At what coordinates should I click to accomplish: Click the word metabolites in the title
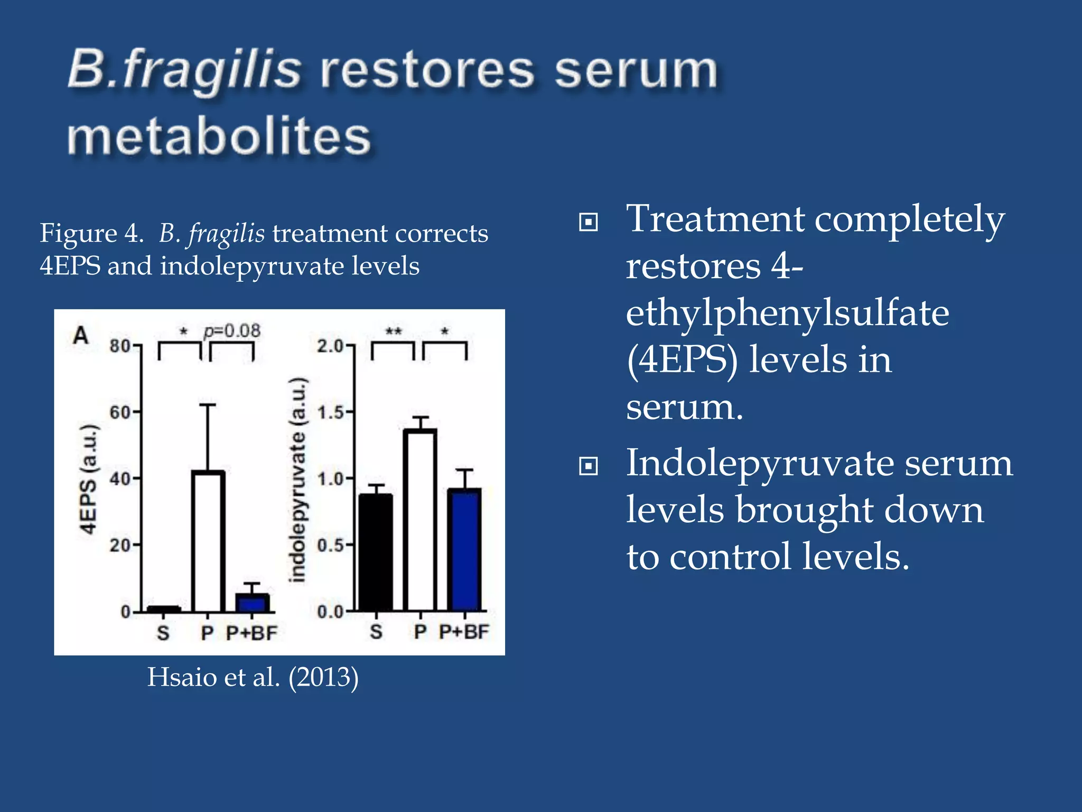219,137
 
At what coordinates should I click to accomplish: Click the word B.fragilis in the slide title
184,70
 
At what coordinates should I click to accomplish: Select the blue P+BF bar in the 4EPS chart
252,603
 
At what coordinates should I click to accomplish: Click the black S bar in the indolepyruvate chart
376,552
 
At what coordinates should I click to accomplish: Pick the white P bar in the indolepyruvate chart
420,521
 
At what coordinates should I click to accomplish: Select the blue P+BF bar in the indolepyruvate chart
464,550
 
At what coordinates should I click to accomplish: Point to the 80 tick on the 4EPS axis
120,346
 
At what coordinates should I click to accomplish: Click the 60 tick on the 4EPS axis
120,412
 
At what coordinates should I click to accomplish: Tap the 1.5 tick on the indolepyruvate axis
331,412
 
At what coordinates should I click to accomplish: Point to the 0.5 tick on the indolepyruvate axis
331,545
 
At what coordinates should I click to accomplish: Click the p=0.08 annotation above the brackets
232,331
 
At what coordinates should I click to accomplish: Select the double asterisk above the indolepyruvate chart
393,331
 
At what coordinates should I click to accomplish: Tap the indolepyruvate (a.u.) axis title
298,479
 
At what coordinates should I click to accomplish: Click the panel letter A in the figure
80,335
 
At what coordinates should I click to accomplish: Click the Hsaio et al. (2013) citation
253,677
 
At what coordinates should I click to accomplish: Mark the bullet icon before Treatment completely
588,222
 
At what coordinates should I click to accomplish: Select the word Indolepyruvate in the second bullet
758,463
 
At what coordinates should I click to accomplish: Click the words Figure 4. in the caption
91,233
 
